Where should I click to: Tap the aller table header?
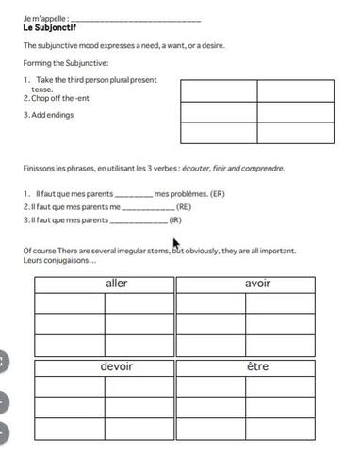[116, 284]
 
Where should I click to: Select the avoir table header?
[257, 284]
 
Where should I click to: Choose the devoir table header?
[116, 366]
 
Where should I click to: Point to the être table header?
[257, 366]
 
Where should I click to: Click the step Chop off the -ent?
[57, 98]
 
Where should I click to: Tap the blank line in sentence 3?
[139, 220]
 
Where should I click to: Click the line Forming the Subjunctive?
[66, 63]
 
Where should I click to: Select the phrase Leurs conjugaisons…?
[58, 260]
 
